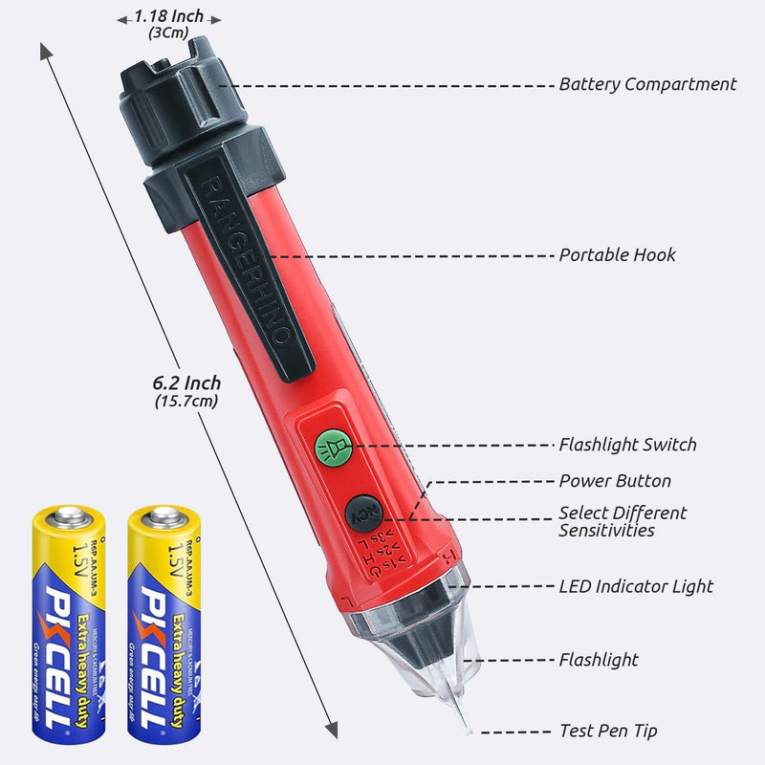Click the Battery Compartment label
click(647, 84)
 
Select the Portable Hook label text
click(617, 255)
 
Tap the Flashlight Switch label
click(627, 445)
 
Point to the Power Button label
click(615, 481)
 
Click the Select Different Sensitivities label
click(623, 521)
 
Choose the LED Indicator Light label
click(636, 586)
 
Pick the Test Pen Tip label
click(608, 732)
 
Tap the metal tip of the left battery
click(67, 517)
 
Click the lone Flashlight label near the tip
click(599, 660)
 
